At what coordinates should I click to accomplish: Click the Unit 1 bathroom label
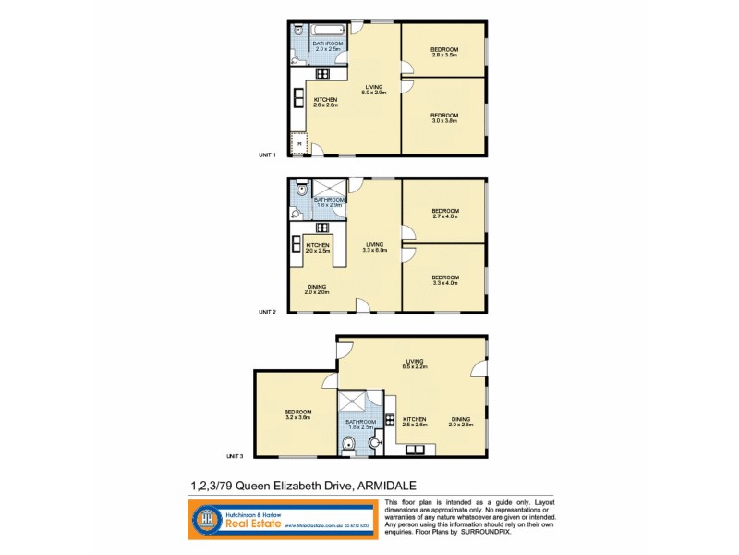click(327, 47)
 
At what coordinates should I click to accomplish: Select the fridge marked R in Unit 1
click(298, 143)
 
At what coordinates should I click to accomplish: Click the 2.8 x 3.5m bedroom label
click(445, 52)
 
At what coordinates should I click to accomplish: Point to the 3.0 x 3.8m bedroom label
click(444, 117)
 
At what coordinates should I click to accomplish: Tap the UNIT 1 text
click(267, 154)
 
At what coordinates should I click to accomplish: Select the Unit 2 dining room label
click(318, 290)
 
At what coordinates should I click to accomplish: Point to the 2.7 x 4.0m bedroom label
click(444, 214)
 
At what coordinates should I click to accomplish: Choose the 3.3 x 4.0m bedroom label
click(444, 279)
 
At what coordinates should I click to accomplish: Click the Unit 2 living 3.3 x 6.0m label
click(374, 247)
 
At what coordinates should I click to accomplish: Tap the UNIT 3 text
click(235, 456)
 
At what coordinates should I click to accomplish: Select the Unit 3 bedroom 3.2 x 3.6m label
click(297, 414)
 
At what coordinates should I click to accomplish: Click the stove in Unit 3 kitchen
click(390, 419)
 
